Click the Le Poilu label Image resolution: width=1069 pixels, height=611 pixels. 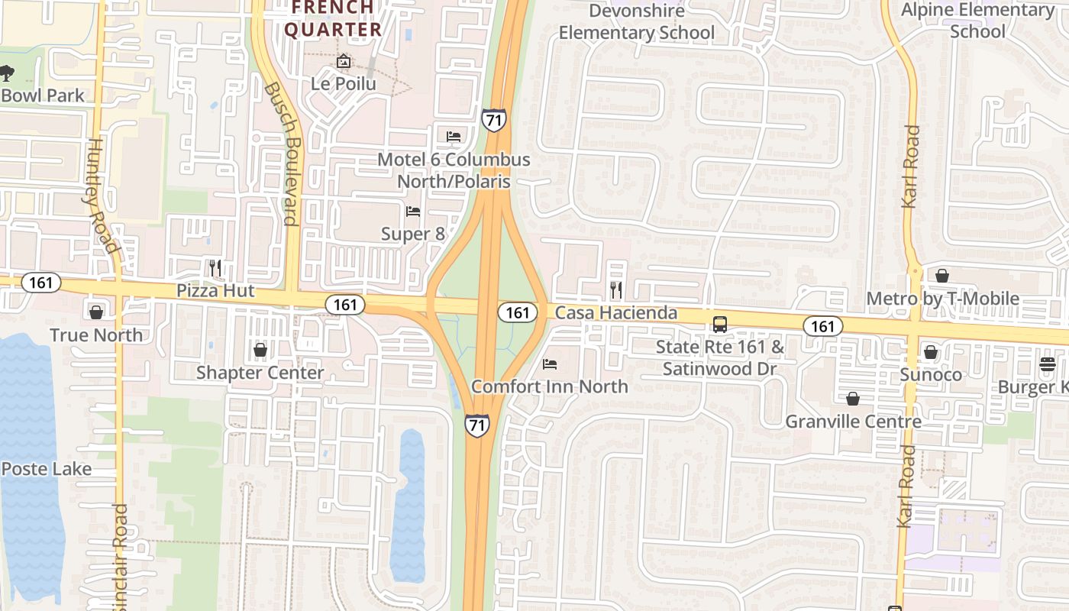pos(344,83)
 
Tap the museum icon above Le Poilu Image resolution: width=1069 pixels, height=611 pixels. pos(344,60)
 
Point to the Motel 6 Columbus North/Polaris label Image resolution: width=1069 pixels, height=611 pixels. pos(454,170)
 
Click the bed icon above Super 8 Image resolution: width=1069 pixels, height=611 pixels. pos(413,211)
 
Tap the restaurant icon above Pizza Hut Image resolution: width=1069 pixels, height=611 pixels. pos(215,267)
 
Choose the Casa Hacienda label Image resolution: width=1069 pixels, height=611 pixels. pos(615,312)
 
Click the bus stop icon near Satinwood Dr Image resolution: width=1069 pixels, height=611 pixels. pos(719,324)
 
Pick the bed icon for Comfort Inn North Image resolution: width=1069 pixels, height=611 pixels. pos(549,364)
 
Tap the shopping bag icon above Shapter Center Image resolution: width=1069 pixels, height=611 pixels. pos(260,350)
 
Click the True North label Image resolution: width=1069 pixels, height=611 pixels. pos(96,335)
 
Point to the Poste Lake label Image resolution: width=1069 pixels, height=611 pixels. pos(46,468)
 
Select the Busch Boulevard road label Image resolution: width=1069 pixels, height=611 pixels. pos(280,153)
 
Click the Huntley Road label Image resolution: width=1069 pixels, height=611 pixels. pos(102,195)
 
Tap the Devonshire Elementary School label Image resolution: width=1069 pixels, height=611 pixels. pos(637,22)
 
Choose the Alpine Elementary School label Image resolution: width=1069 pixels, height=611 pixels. pos(977,21)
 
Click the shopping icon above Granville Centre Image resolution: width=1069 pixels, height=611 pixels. pos(853,399)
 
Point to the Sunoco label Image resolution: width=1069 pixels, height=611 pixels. pos(931,374)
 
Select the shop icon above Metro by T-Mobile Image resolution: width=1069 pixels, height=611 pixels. pos(942,276)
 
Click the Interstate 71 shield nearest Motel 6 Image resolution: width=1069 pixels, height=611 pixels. pos(494,119)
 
